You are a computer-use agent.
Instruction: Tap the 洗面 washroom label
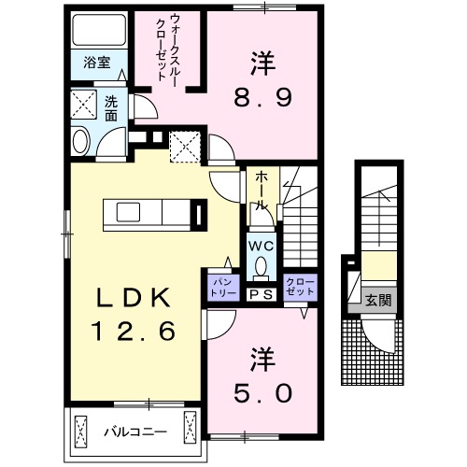coord(110,109)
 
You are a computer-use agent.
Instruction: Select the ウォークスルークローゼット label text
coord(171,51)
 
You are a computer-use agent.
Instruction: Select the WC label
coord(261,247)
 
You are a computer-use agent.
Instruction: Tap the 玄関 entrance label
coord(377,301)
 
